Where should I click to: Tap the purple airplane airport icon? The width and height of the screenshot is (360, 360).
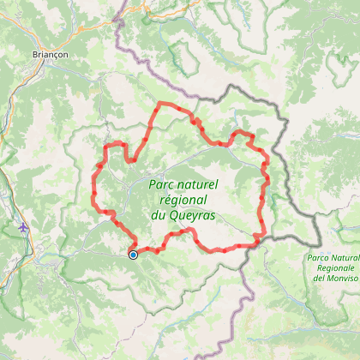22,228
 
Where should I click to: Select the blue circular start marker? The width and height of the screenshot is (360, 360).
133,254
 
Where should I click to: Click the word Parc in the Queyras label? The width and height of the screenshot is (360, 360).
162,183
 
